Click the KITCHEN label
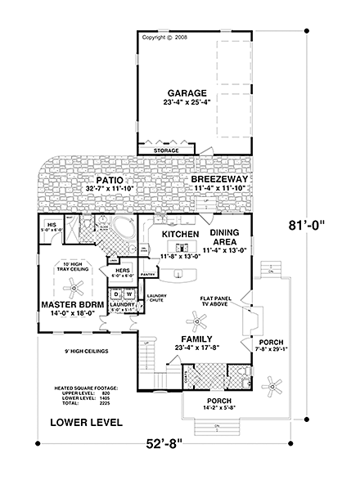[180, 234]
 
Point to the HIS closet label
[50, 223]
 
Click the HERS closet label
[123, 271]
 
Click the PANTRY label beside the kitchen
[147, 274]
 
